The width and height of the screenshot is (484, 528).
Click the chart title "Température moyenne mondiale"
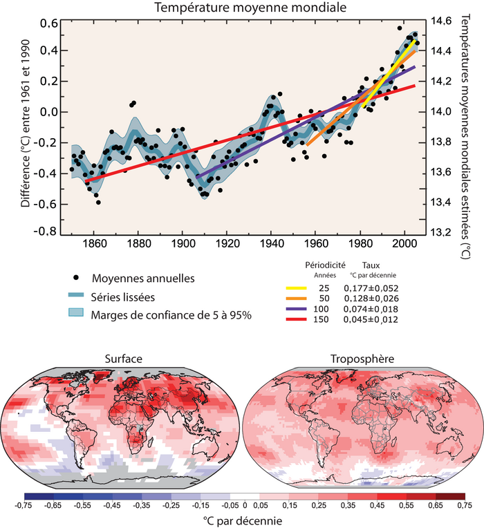pyautogui.click(x=241, y=8)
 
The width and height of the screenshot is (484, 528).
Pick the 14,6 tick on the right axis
pyautogui.click(x=443, y=21)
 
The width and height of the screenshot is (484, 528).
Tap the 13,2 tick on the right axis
pyautogui.click(x=443, y=232)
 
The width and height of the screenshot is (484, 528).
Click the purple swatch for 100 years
pyautogui.click(x=295, y=309)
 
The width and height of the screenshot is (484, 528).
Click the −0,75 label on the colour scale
pyautogui.click(x=24, y=506)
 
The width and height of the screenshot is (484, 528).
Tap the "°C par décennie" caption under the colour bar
pyautogui.click(x=241, y=519)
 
